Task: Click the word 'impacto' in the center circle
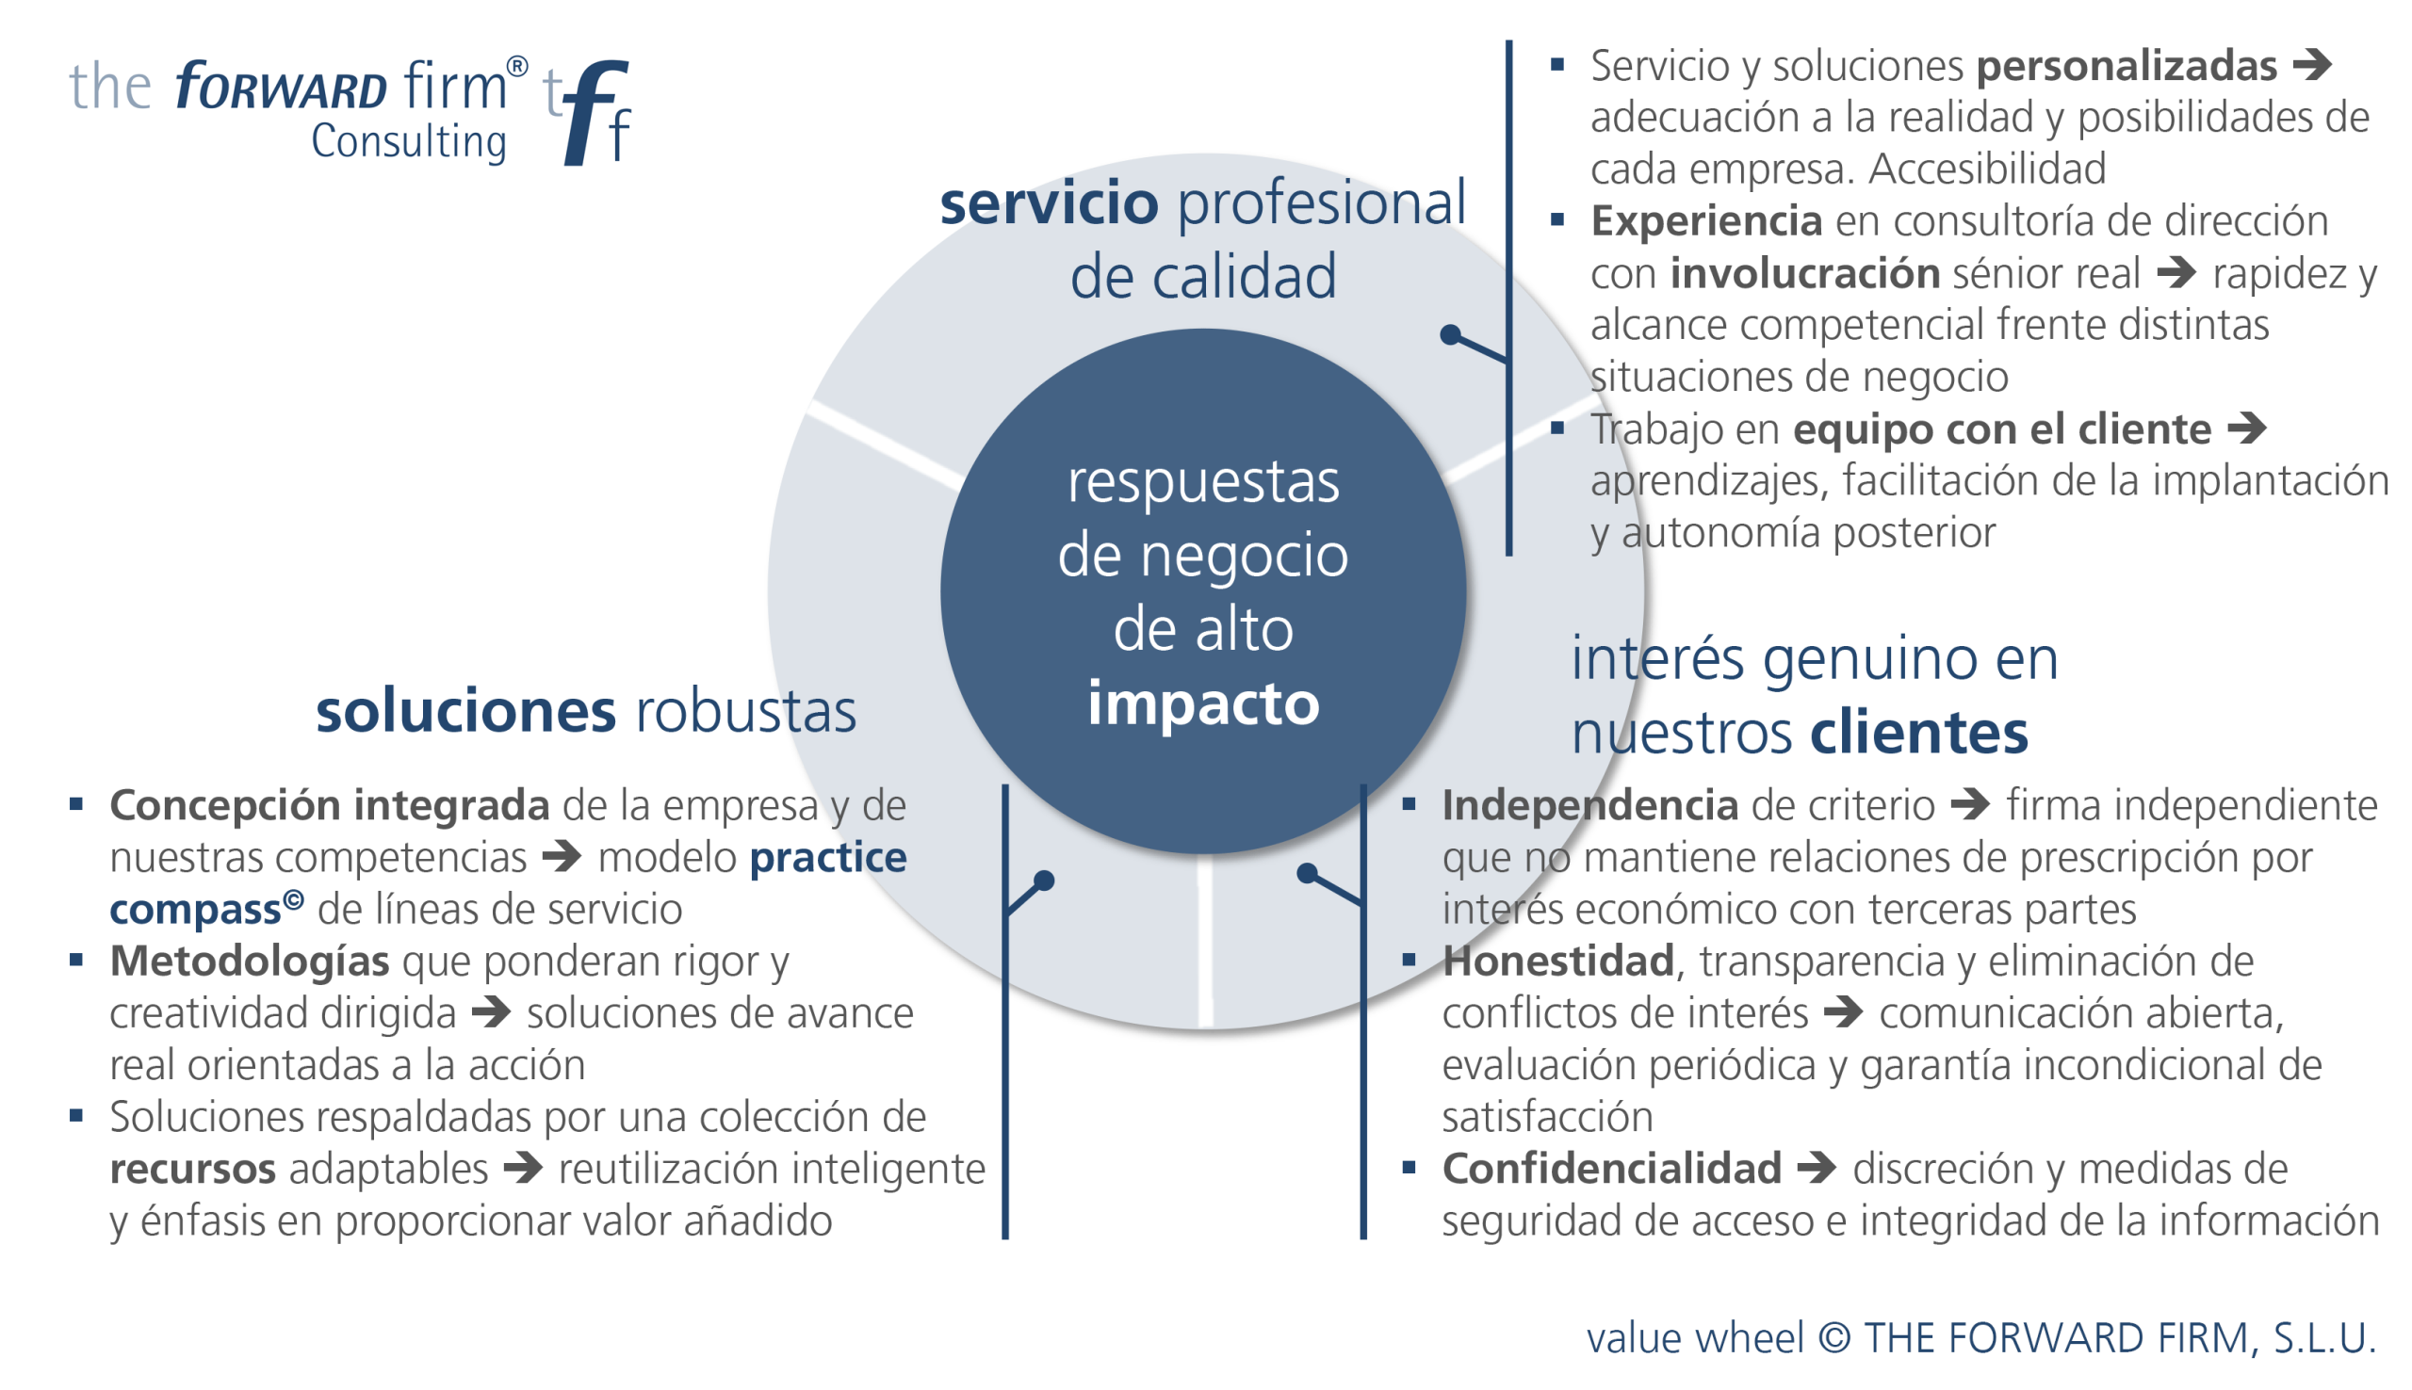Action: pyautogui.click(x=1203, y=703)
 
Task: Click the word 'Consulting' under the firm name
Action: pyautogui.click(x=409, y=142)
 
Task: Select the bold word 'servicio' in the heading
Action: pyautogui.click(x=1049, y=203)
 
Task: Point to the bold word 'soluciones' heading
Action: pyautogui.click(x=466, y=711)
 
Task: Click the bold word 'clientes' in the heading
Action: pyautogui.click(x=1918, y=734)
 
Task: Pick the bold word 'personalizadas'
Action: pyautogui.click(x=2126, y=67)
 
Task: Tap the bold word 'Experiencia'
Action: pyautogui.click(x=1706, y=221)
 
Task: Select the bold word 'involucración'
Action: pyautogui.click(x=1803, y=274)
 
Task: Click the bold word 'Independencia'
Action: pyautogui.click(x=1589, y=806)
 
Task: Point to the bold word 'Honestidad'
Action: pyautogui.click(x=1557, y=962)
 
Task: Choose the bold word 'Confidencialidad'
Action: pyautogui.click(x=1611, y=1170)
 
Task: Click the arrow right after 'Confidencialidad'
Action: pyautogui.click(x=1816, y=1168)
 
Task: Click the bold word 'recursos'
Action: pyautogui.click(x=192, y=1170)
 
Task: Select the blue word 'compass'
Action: pyautogui.click(x=195, y=910)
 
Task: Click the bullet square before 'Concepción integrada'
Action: pyautogui.click(x=76, y=805)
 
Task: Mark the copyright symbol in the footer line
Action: pyautogui.click(x=1833, y=1337)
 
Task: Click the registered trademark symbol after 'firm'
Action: pyautogui.click(x=516, y=67)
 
